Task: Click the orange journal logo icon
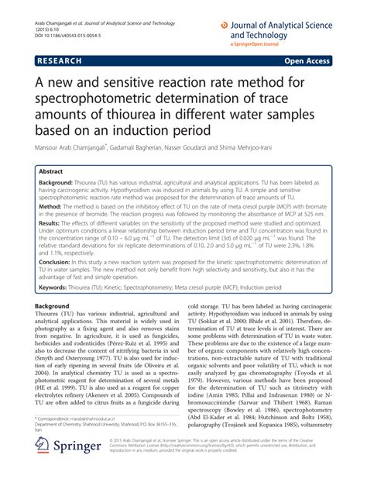click(225, 26)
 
